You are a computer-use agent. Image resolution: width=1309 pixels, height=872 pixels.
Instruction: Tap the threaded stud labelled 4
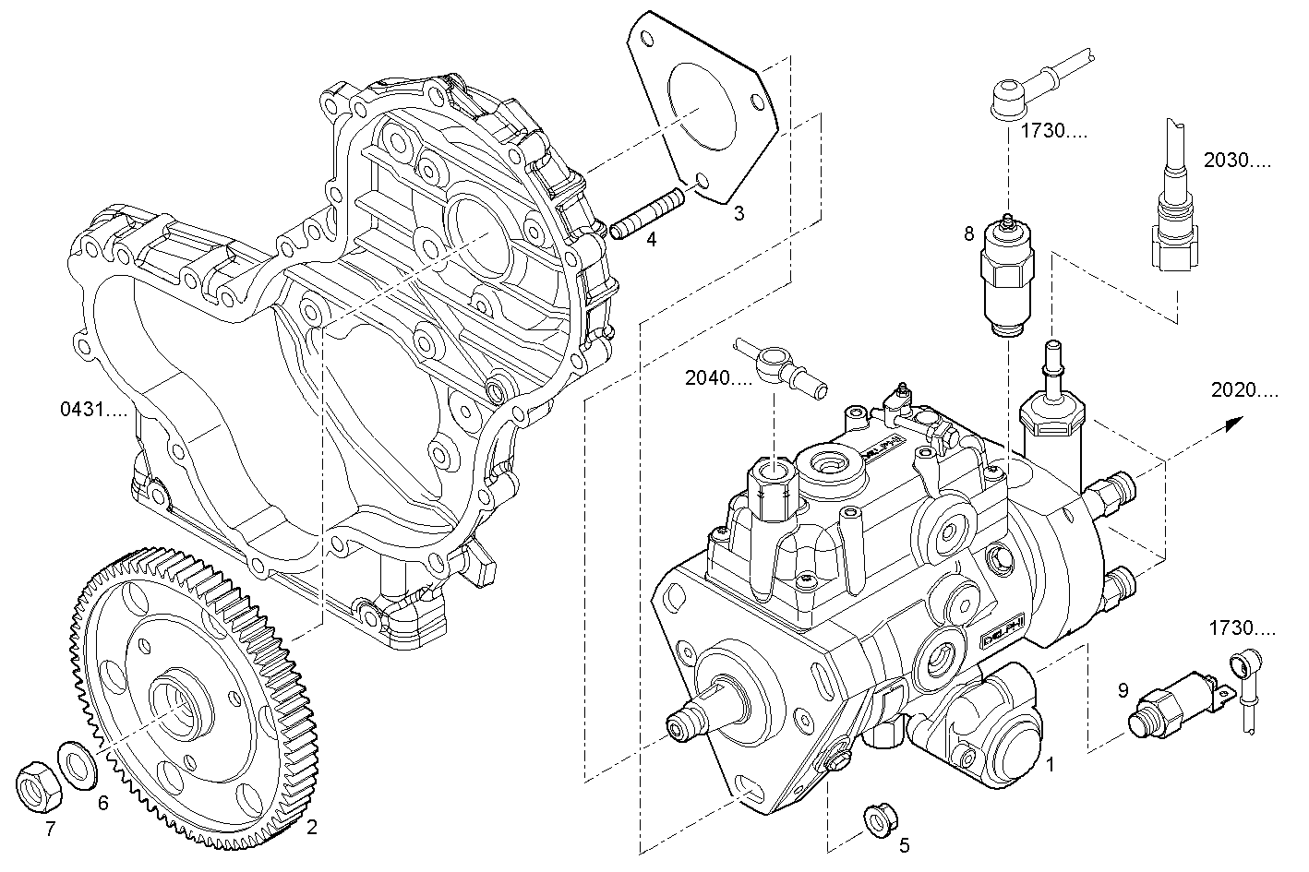tap(647, 214)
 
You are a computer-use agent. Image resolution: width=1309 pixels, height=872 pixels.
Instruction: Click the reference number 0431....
tap(93, 409)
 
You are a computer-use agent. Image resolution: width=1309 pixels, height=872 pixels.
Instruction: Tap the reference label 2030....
tap(1237, 161)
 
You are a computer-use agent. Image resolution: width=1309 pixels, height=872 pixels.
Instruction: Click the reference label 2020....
tap(1244, 390)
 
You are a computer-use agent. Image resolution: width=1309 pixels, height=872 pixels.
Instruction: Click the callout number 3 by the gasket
tap(739, 214)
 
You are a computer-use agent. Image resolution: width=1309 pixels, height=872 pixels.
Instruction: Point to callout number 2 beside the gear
tap(312, 827)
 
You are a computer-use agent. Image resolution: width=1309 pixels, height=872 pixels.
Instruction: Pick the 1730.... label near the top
tap(1053, 132)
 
